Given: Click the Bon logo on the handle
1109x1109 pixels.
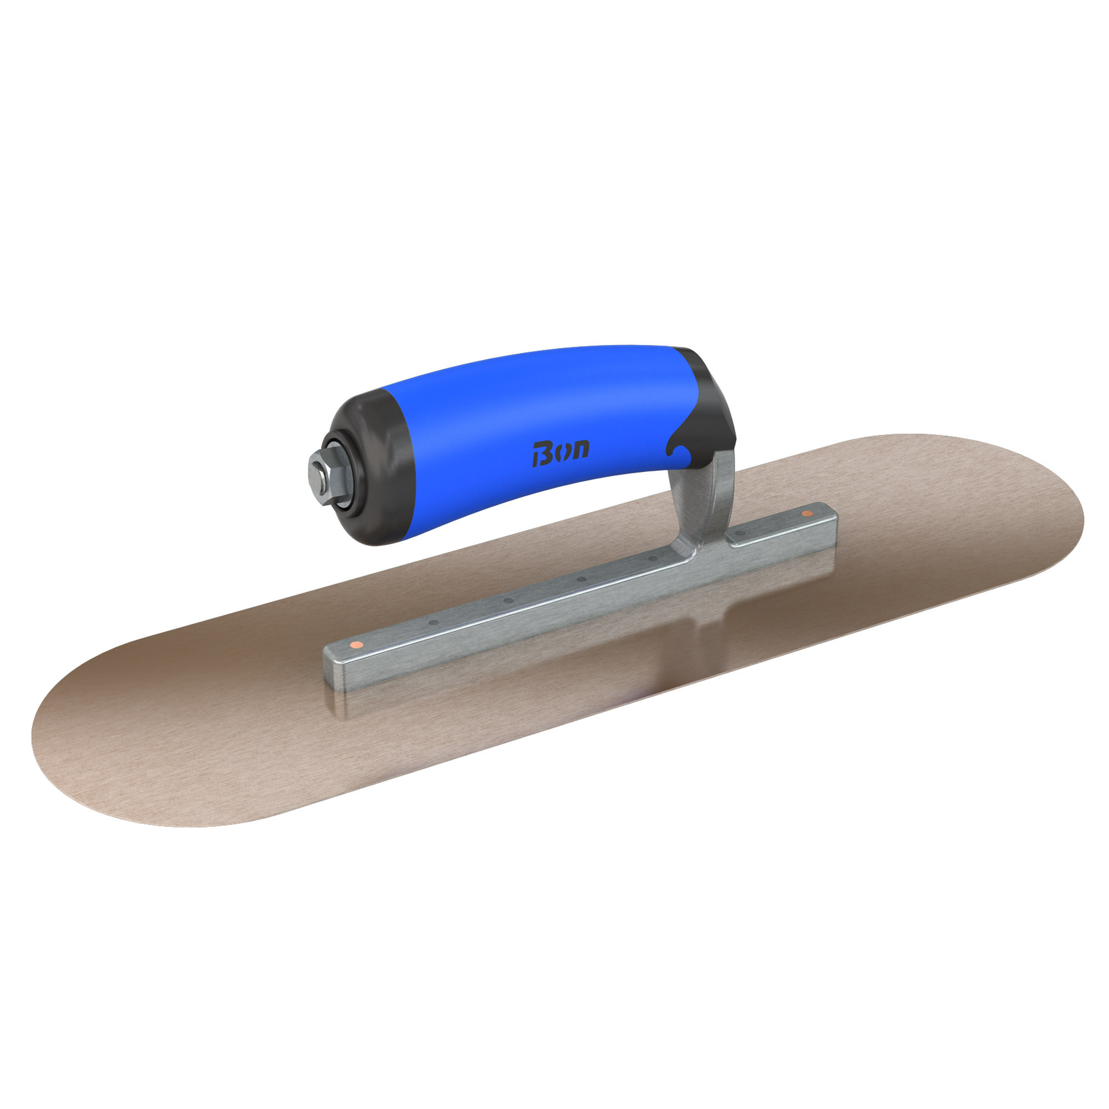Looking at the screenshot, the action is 560,454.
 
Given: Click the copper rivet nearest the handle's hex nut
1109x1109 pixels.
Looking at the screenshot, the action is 357,645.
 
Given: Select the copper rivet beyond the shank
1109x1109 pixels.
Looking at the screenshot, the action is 808,513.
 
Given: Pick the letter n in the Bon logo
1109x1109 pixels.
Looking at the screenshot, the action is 580,450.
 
